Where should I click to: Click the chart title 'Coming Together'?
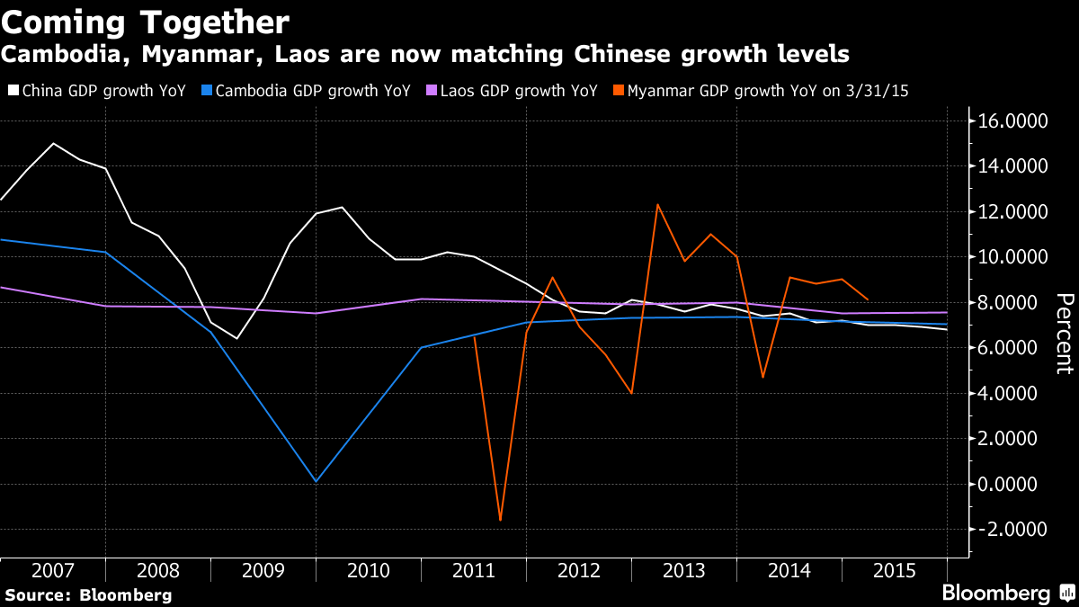click(x=145, y=22)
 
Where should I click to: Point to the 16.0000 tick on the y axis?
click(x=1004, y=121)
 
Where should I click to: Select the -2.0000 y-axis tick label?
click(x=1004, y=530)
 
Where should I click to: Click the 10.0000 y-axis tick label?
click(x=1004, y=257)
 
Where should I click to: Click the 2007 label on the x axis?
click(x=53, y=570)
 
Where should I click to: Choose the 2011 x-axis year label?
click(x=473, y=570)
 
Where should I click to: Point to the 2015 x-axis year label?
click(x=894, y=570)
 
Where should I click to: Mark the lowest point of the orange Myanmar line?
click(x=500, y=520)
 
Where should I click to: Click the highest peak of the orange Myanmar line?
click(x=658, y=205)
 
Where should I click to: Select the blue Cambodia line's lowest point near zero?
click(x=317, y=481)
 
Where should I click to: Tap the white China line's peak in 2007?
click(x=54, y=144)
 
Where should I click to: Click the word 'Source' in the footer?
click(x=35, y=594)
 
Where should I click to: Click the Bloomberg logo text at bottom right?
click(x=995, y=594)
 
